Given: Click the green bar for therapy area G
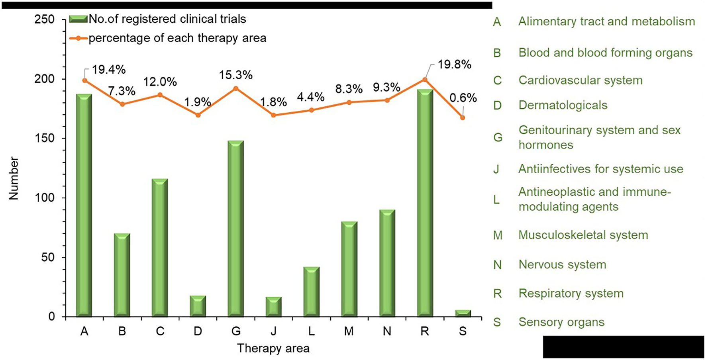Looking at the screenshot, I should (x=235, y=229).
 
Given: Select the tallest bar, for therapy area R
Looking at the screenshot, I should (x=425, y=203).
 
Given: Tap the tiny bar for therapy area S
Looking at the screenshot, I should (x=463, y=313).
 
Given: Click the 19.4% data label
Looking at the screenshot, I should (x=109, y=70).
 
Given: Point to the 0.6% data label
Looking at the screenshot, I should (x=463, y=98).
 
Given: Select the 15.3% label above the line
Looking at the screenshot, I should (x=236, y=75).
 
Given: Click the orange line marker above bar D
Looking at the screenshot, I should (x=198, y=115).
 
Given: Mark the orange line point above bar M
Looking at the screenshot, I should (x=349, y=102).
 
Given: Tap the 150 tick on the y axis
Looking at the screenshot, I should (x=46, y=139).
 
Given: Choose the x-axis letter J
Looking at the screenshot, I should (x=273, y=331).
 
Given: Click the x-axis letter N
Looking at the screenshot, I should (x=387, y=331).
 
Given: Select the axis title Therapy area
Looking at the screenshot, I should (x=273, y=348).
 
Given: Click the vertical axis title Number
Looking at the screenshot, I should (x=14, y=178).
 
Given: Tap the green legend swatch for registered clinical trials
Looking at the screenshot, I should (x=78, y=19).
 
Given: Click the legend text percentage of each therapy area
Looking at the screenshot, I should (x=177, y=38).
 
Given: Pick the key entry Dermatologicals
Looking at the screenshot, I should (x=563, y=105).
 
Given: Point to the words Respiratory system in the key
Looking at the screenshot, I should (x=571, y=293).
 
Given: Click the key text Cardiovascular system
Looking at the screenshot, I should (x=580, y=80).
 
